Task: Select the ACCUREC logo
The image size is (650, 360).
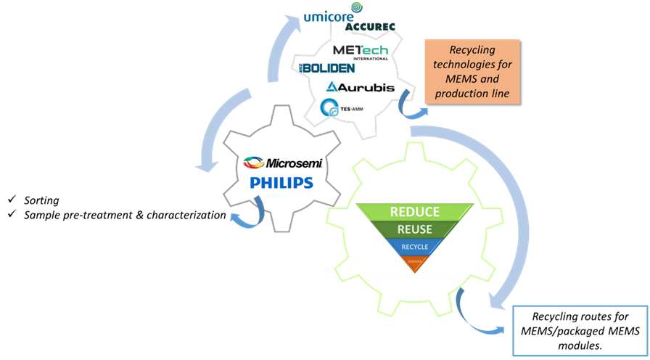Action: pos(369,27)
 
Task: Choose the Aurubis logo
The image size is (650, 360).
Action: pos(361,87)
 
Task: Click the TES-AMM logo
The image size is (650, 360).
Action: pos(341,107)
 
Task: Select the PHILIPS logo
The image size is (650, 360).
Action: pos(281,184)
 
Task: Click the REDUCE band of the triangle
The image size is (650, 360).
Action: pos(414,212)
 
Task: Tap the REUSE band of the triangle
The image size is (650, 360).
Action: pos(414,229)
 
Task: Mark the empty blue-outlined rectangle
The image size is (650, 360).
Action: pos(580,331)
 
